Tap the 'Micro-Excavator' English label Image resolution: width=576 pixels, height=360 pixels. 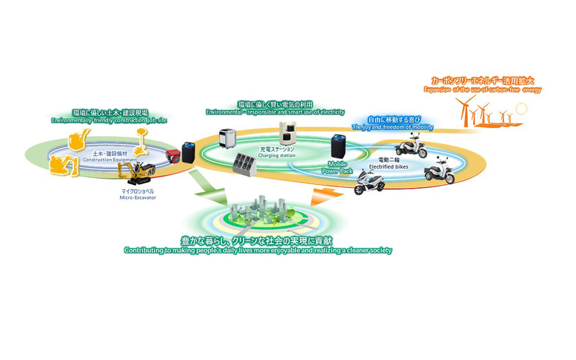pyautogui.click(x=138, y=197)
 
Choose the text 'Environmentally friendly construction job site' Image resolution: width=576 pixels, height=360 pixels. pyautogui.click(x=110, y=120)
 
